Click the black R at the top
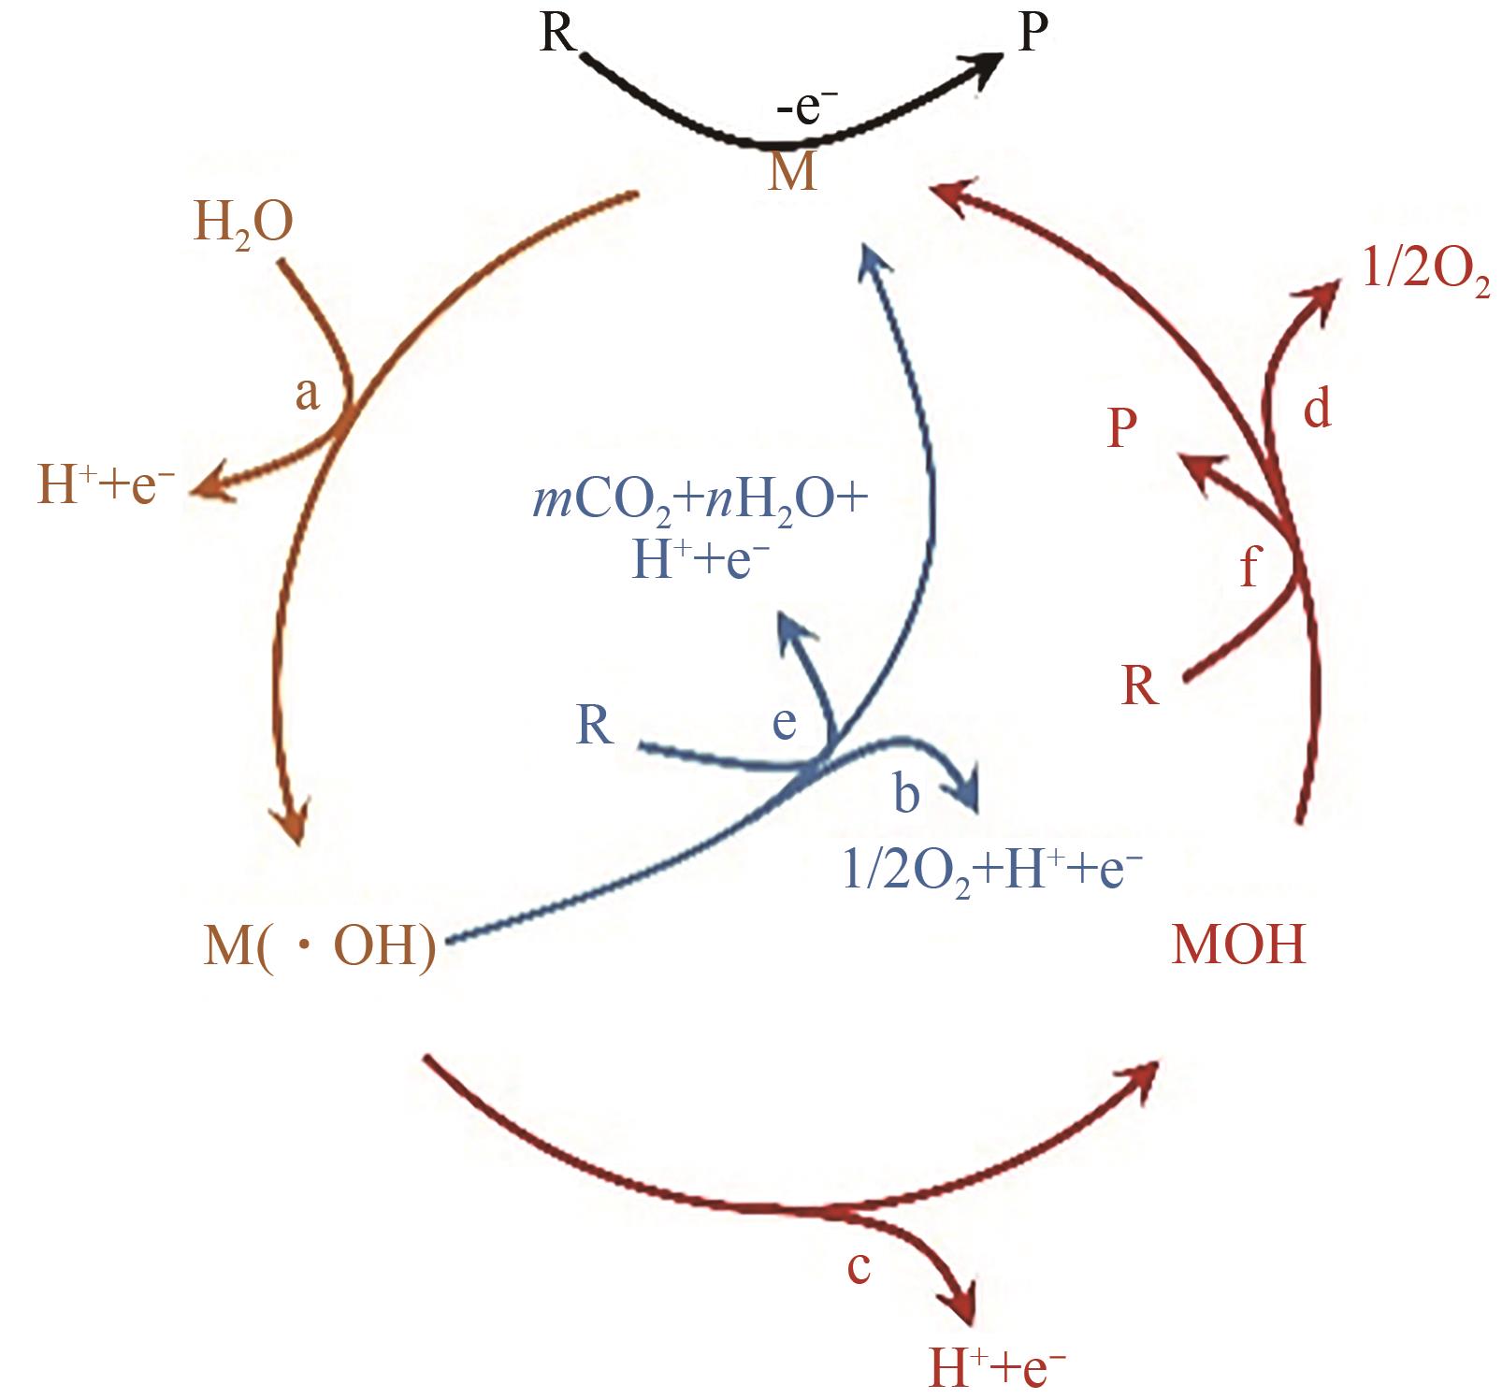[x=558, y=35]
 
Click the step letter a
[x=307, y=394]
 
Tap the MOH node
[x=1237, y=945]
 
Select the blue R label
[x=595, y=725]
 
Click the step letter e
[x=784, y=722]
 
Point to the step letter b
[x=906, y=794]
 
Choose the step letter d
[x=1317, y=409]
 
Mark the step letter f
[x=1249, y=567]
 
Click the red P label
[x=1122, y=429]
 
